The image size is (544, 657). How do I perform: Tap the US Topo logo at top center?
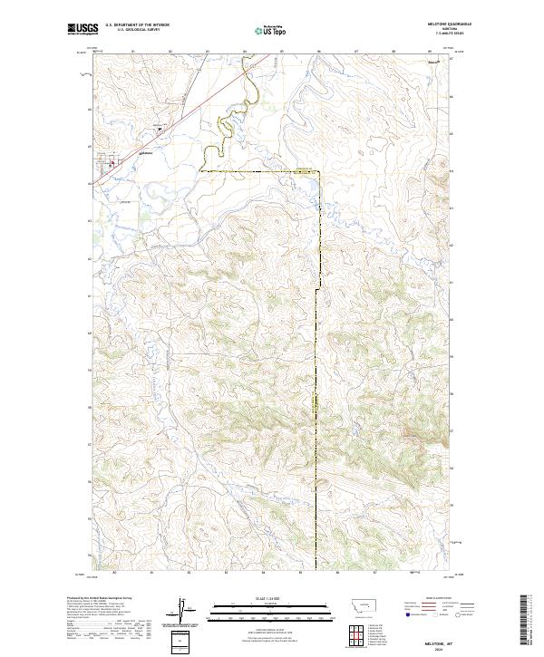point(271,31)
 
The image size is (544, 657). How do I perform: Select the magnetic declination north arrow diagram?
point(181,612)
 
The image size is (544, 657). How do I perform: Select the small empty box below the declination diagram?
point(181,641)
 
